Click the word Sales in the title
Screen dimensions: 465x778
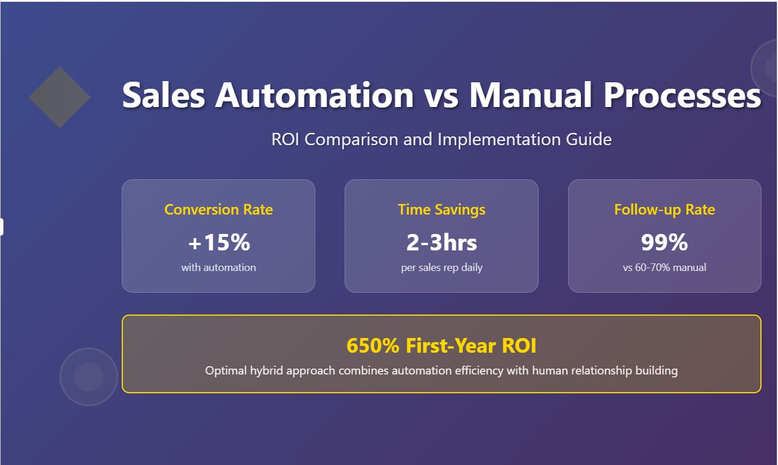click(x=163, y=95)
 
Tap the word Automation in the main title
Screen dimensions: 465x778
click(x=315, y=95)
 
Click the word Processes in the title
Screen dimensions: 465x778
click(x=683, y=95)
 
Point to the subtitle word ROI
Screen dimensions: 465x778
click(x=285, y=139)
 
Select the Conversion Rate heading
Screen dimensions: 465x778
click(x=218, y=209)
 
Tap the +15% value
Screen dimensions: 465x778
click(x=219, y=242)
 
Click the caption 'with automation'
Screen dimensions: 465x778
click(x=218, y=267)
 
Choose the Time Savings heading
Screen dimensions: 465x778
click(x=442, y=209)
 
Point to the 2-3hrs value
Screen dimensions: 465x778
click(x=442, y=242)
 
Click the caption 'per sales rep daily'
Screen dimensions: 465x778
click(x=442, y=267)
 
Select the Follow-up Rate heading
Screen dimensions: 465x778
click(x=665, y=209)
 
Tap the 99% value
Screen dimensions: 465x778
click(x=665, y=242)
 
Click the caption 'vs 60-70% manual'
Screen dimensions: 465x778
click(x=665, y=267)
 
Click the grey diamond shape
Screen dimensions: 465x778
click(x=59, y=98)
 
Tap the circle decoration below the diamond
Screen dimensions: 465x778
click(x=89, y=377)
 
